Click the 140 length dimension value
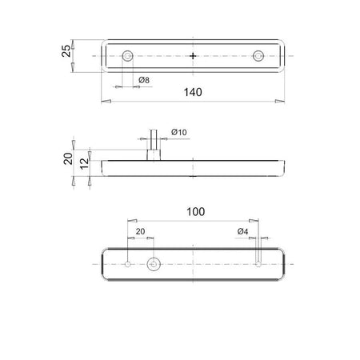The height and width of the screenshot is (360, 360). click(x=193, y=92)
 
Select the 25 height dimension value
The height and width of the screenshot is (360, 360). click(x=66, y=50)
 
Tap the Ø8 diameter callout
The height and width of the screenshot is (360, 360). click(x=144, y=80)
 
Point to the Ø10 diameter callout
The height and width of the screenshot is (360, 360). click(x=179, y=132)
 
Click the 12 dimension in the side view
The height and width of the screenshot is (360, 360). click(x=85, y=163)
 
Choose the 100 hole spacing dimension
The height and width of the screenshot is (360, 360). click(x=196, y=212)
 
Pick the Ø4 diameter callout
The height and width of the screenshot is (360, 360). click(x=242, y=231)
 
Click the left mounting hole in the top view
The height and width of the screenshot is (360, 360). click(x=128, y=56)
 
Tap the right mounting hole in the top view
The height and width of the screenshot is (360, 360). click(x=258, y=56)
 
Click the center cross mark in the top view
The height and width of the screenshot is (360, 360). click(x=193, y=56)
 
